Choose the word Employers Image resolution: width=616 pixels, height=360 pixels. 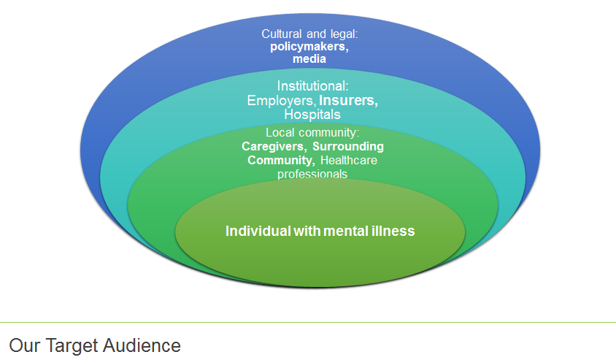pyautogui.click(x=282, y=101)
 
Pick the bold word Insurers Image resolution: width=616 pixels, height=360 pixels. pyautogui.click(x=349, y=101)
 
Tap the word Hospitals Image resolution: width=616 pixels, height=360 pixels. pyautogui.click(x=312, y=115)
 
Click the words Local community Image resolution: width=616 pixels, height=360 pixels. pyautogui.click(x=312, y=132)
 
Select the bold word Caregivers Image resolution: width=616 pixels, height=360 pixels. pyautogui.click(x=268, y=146)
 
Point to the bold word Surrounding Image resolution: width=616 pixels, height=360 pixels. pyautogui.click(x=343, y=146)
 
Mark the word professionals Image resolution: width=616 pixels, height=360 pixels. pyautogui.click(x=312, y=174)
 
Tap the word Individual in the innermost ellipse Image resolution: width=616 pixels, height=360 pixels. pyautogui.click(x=258, y=231)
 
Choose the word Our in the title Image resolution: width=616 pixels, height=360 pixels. pyautogui.click(x=21, y=345)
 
